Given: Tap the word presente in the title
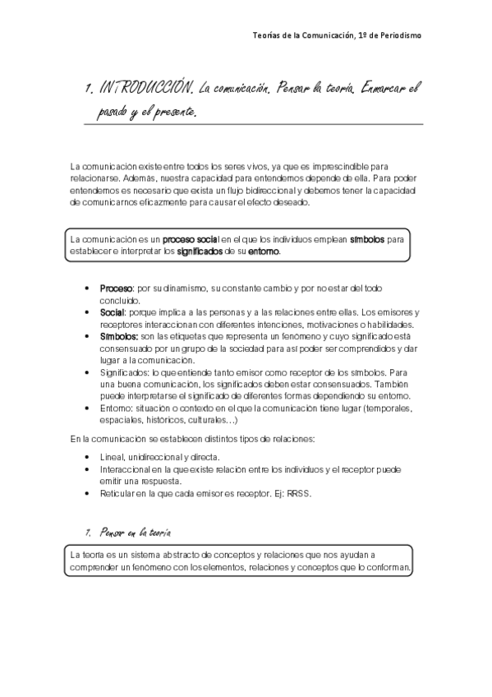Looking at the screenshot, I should (x=178, y=109).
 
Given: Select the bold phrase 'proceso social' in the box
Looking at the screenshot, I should (x=190, y=240).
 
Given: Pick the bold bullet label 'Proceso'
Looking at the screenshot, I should (x=117, y=288).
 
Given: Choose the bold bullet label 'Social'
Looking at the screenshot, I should (x=111, y=312).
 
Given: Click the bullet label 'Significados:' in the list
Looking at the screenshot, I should (x=124, y=372).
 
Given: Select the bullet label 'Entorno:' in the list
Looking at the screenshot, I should (x=116, y=409).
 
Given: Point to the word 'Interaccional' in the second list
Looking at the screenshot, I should (x=125, y=469).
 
